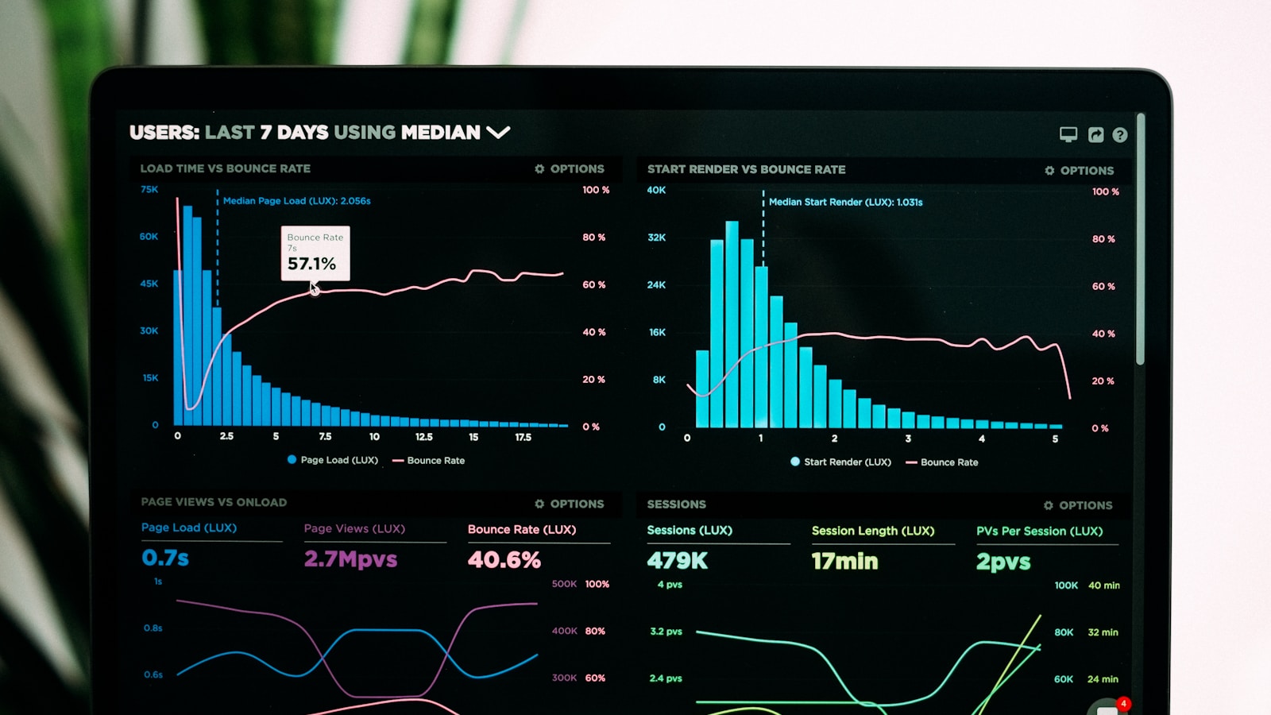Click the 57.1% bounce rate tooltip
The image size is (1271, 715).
coord(315,253)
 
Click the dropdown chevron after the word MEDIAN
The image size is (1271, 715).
coord(498,132)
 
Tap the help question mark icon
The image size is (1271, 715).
coord(1119,135)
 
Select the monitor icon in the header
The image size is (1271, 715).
coord(1068,134)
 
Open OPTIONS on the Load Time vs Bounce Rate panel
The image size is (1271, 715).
coord(570,168)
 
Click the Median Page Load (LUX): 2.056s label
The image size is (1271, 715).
coord(296,201)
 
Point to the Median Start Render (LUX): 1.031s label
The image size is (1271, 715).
coord(845,202)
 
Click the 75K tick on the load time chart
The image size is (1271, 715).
coord(149,189)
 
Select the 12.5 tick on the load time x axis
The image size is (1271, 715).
coord(424,437)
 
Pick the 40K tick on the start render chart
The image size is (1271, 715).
coord(656,190)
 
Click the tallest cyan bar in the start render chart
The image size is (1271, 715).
coord(732,326)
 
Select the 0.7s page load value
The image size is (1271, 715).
coord(165,558)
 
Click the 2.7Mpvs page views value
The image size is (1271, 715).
coord(350,559)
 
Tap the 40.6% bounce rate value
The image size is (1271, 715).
coord(504,560)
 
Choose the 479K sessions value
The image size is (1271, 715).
coord(677,561)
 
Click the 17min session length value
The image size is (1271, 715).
coord(844,562)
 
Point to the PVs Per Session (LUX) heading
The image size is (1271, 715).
coord(1039,531)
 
